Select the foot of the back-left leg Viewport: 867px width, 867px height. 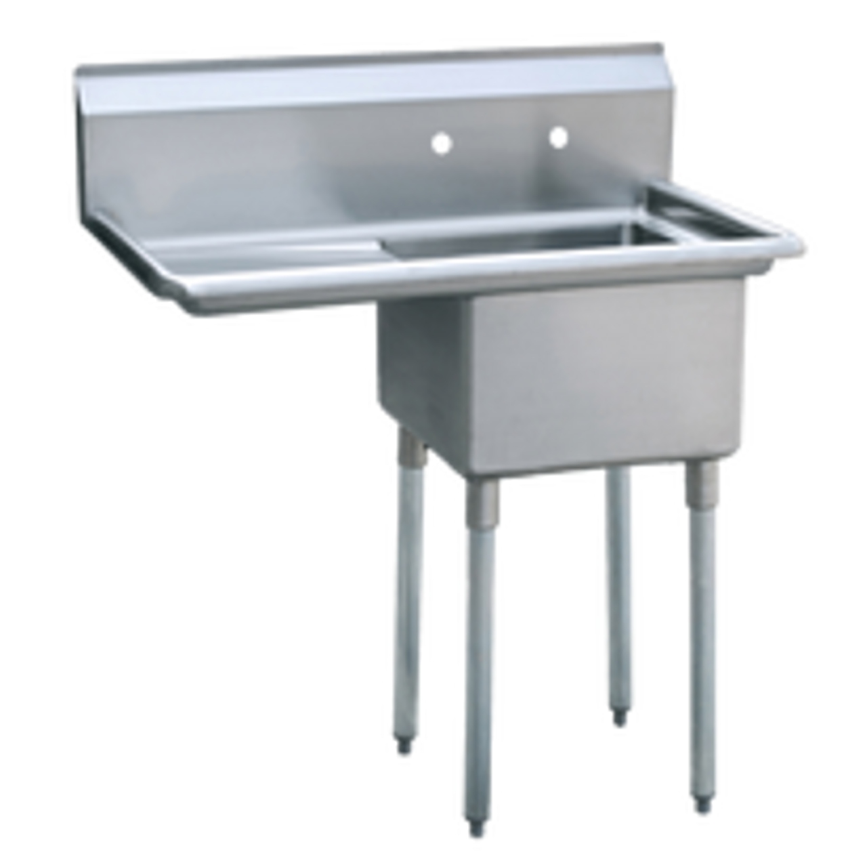click(405, 748)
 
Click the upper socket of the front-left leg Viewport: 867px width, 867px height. click(481, 501)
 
